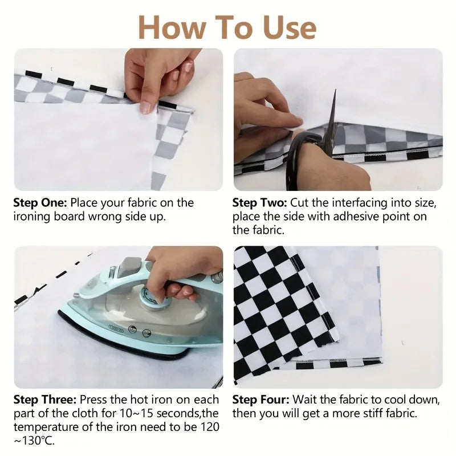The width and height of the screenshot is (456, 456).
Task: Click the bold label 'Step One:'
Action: point(40,203)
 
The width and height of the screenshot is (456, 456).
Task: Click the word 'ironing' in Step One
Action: point(32,217)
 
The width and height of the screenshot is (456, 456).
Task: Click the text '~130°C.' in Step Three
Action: point(34,441)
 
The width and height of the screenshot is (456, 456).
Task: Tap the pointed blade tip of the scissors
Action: point(335,91)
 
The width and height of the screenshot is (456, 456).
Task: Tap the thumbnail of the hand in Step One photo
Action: point(146,107)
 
